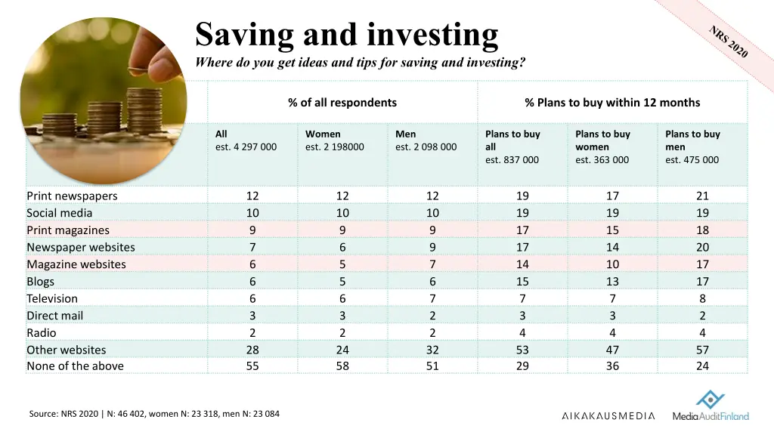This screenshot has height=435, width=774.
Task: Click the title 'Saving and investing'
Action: click(x=347, y=35)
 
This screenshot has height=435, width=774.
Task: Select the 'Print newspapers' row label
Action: click(x=72, y=196)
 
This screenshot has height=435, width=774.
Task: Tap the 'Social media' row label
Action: click(x=59, y=213)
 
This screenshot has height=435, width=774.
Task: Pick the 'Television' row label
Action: click(x=52, y=298)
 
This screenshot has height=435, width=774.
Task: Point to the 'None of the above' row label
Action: click(x=75, y=366)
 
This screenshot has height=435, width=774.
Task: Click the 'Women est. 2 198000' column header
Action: click(x=334, y=140)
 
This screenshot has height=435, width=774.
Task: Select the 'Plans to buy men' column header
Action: click(x=692, y=147)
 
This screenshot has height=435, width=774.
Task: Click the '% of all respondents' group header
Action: click(x=342, y=103)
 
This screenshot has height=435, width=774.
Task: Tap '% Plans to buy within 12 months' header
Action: click(x=612, y=103)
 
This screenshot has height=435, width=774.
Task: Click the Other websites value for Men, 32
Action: click(x=432, y=350)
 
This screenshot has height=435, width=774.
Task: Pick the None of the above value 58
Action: click(x=342, y=366)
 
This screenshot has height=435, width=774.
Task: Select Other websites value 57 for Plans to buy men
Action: click(x=702, y=350)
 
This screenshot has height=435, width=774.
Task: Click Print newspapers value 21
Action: click(x=702, y=196)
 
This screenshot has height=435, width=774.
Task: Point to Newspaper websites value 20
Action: click(x=702, y=247)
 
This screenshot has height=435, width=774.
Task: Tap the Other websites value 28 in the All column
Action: click(x=252, y=350)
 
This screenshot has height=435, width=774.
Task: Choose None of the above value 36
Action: click(x=612, y=366)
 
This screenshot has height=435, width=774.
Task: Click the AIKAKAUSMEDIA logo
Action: click(x=608, y=416)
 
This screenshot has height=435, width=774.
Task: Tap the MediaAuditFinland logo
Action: click(x=711, y=408)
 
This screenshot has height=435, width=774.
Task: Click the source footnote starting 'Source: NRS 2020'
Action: click(x=154, y=413)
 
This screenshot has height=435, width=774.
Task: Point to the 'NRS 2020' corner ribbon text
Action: click(x=729, y=42)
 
